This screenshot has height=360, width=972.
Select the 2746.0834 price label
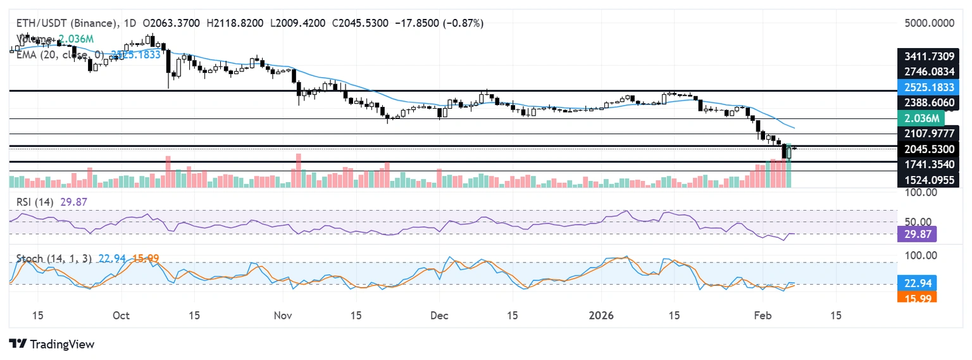point(928,71)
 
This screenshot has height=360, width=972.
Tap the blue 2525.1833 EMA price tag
point(928,87)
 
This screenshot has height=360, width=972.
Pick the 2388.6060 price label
point(928,102)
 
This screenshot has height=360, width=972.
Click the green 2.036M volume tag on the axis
point(921,117)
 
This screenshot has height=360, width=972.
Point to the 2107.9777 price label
point(928,133)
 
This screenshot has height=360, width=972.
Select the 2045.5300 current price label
point(928,149)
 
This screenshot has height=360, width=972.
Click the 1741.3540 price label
point(928,164)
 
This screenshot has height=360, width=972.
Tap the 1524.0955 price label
point(928,180)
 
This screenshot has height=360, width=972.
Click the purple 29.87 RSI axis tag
point(917,235)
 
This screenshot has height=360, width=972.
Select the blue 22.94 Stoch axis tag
point(917,282)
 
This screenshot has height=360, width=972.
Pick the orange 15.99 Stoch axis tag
point(917,297)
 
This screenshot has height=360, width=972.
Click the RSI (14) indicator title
point(35,202)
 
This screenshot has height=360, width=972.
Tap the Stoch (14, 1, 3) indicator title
point(53,258)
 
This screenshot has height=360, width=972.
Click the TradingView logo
point(52,344)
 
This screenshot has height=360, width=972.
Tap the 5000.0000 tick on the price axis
point(928,23)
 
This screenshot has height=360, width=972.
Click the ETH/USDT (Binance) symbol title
point(65,23)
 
